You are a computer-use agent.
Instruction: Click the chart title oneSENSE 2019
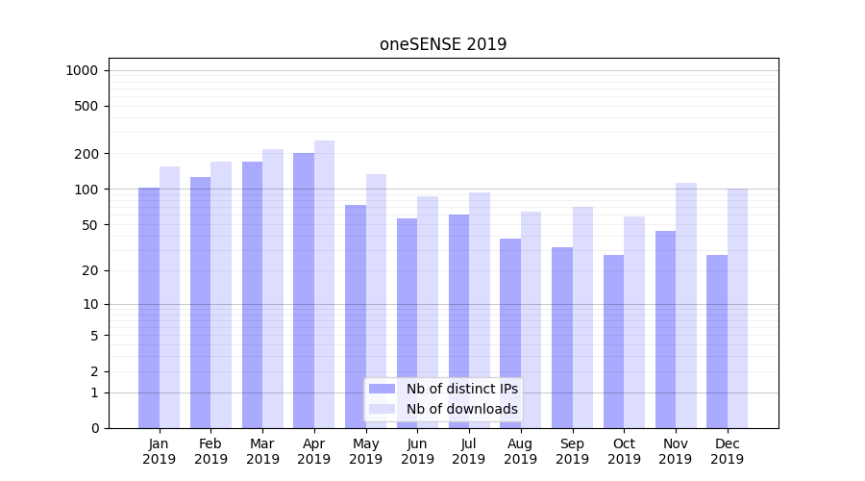[x=443, y=44]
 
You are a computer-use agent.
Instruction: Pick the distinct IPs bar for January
[x=149, y=308]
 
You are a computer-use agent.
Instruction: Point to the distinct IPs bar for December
[x=717, y=342]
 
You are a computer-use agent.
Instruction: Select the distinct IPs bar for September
[x=562, y=338]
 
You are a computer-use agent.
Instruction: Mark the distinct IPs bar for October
[x=614, y=342]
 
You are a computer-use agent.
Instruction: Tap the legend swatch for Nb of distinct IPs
[x=382, y=389]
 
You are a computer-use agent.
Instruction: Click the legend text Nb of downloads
[x=462, y=409]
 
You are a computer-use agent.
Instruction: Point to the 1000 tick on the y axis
[x=82, y=70]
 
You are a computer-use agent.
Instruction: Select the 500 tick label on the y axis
[x=86, y=106]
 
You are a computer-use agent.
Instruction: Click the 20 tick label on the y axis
[x=89, y=270]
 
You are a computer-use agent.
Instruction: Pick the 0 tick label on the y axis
[x=94, y=428]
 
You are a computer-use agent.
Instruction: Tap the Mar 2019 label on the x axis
[x=262, y=451]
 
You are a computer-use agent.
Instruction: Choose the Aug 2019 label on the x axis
[x=521, y=451]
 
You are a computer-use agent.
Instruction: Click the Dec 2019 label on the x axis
[x=728, y=451]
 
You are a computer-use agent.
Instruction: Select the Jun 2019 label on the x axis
[x=417, y=451]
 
